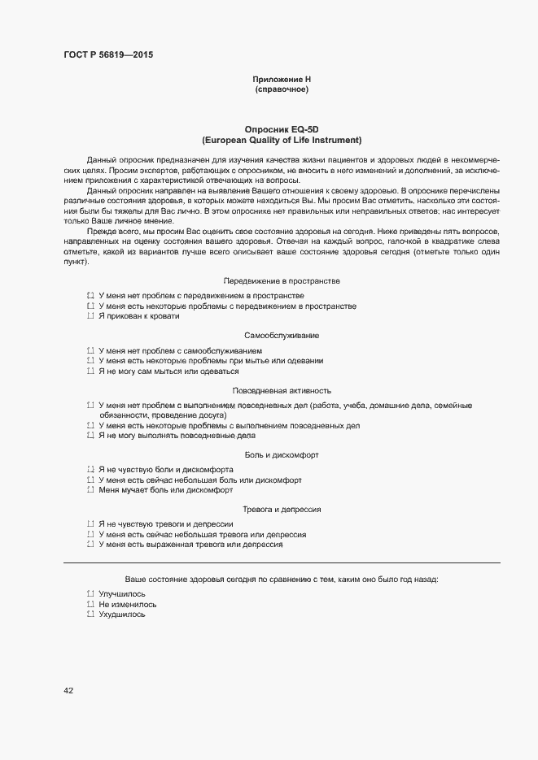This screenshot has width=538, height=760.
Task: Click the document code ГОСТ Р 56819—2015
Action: tap(107, 54)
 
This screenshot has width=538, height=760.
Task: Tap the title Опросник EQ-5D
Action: tap(282, 129)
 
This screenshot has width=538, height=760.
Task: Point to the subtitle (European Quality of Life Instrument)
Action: tap(282, 140)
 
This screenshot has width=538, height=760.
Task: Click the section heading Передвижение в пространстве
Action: tap(282, 280)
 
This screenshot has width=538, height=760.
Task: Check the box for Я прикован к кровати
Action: tap(90, 316)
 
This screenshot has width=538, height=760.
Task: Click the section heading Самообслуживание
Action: tap(282, 335)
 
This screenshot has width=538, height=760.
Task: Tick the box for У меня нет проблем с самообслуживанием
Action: tap(90, 350)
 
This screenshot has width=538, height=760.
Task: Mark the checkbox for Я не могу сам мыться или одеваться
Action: tap(90, 371)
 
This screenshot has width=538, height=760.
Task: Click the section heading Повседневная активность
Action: tap(282, 390)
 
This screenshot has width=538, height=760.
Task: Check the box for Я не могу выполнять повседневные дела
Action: tap(90, 436)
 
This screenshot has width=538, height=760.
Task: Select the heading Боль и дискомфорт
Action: tap(282, 454)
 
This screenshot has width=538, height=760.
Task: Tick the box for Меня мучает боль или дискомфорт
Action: tap(90, 491)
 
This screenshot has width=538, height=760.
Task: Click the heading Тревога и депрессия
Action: tap(282, 510)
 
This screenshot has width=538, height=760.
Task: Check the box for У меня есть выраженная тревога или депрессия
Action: tap(90, 545)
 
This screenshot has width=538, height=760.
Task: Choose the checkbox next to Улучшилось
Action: tap(90, 594)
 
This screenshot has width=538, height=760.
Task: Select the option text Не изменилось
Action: tap(128, 605)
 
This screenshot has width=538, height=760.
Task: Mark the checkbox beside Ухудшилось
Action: tap(90, 615)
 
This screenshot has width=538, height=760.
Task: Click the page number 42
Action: tap(68, 691)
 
